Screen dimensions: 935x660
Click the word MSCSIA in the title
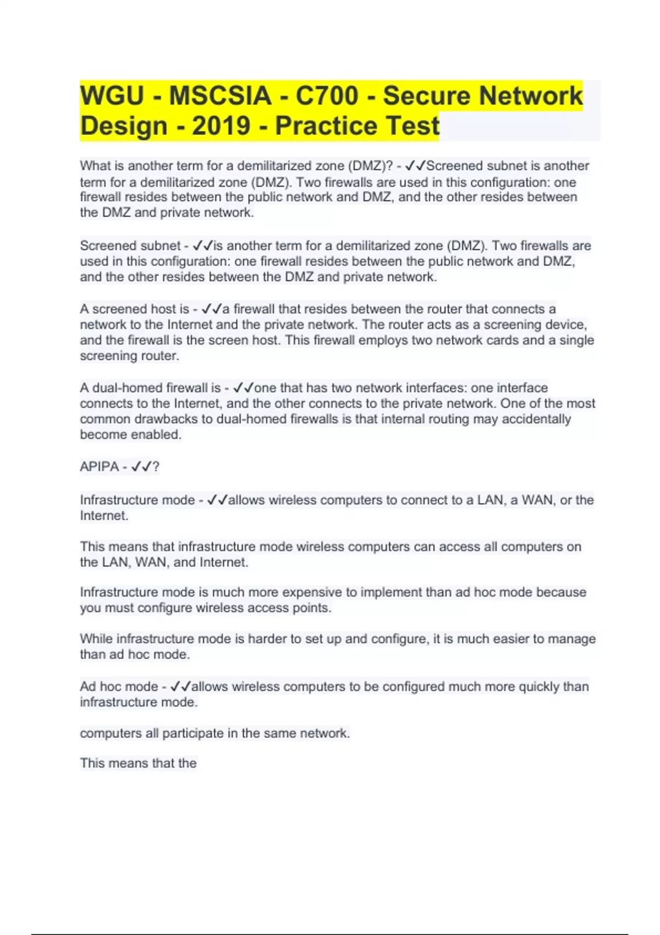(219, 96)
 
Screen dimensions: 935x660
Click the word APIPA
(99, 467)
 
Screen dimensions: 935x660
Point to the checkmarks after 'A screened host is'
(212, 309)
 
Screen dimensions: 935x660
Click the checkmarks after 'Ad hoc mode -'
(180, 686)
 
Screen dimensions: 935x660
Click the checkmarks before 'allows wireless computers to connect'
(217, 500)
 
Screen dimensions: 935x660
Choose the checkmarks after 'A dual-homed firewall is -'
(243, 388)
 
